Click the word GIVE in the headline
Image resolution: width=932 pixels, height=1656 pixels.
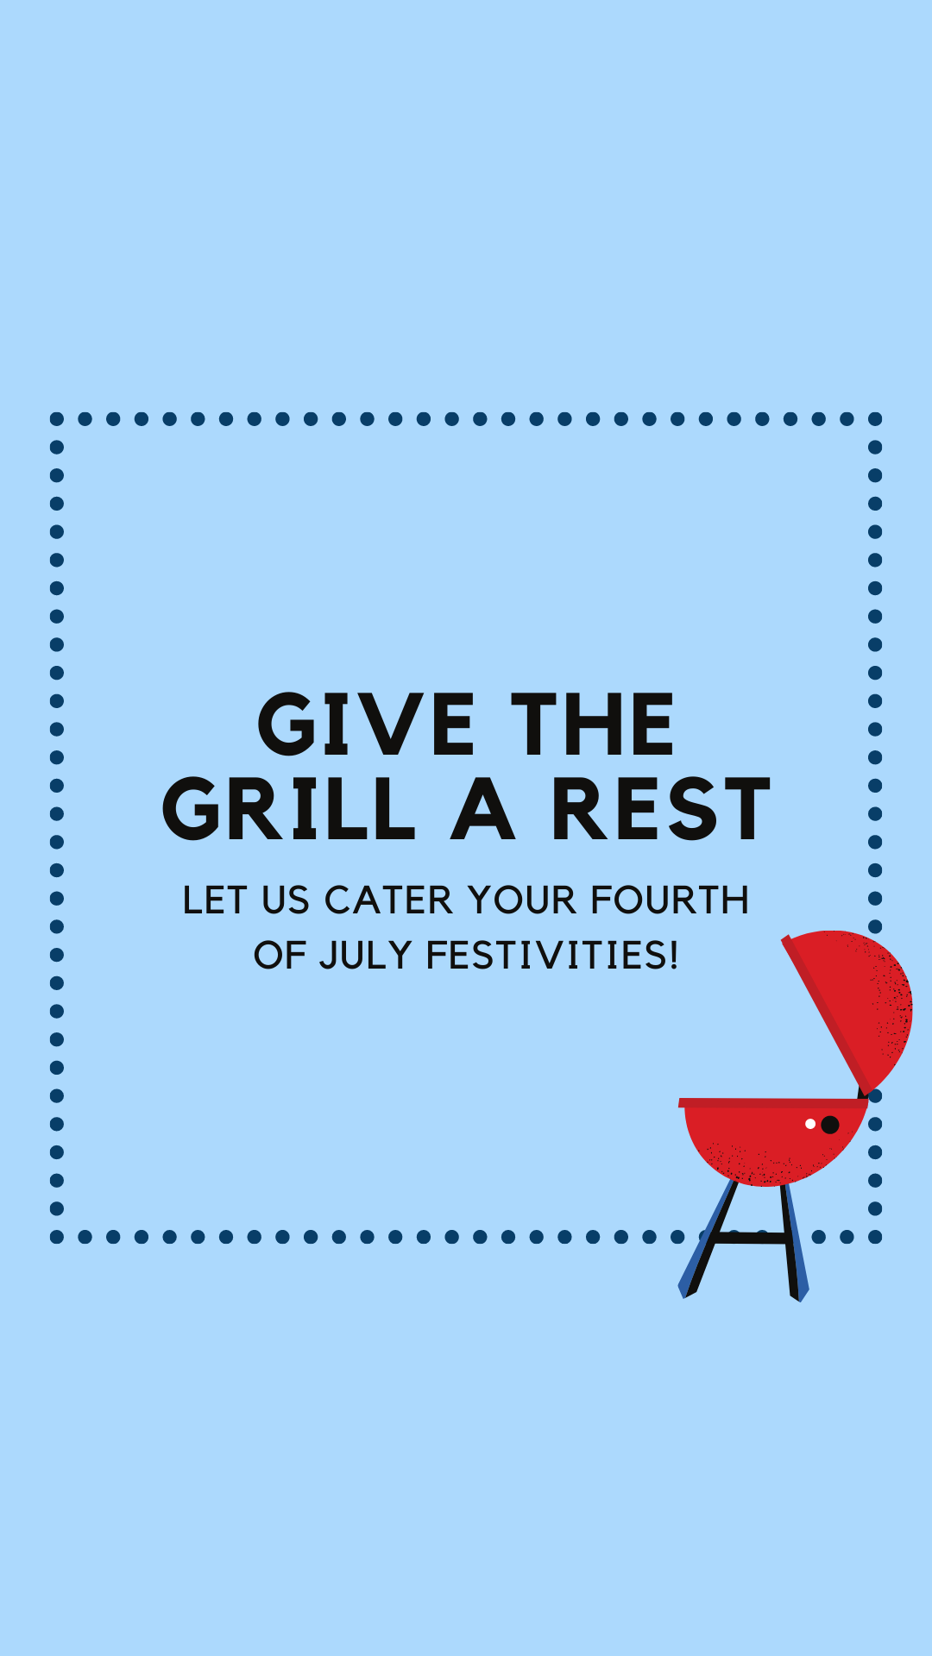pyautogui.click(x=366, y=724)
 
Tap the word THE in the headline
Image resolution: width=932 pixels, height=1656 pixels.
pyautogui.click(x=592, y=724)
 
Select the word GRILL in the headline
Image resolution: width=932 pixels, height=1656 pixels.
pyautogui.click(x=288, y=808)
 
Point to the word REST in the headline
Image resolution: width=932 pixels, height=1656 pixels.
pyautogui.click(x=660, y=808)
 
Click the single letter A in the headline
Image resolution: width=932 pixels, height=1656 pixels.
pyautogui.click(x=483, y=808)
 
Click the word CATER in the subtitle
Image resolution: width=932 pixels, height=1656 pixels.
pyautogui.click(x=388, y=900)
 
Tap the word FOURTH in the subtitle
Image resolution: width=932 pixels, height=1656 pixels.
pyautogui.click(x=670, y=900)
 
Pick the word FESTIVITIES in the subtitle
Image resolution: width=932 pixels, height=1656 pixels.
pyautogui.click(x=552, y=956)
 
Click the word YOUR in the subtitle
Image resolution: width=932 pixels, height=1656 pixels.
pyautogui.click(x=522, y=900)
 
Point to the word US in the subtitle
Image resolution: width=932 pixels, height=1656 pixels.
pyautogui.click(x=286, y=900)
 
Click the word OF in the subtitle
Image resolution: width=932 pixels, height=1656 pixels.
pyautogui.click(x=280, y=956)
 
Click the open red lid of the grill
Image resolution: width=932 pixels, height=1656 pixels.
pyautogui.click(x=854, y=1005)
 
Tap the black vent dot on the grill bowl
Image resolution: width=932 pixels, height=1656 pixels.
pyautogui.click(x=830, y=1125)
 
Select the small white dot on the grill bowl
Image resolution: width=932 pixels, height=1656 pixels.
pyautogui.click(x=810, y=1124)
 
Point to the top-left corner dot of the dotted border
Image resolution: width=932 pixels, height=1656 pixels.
pyautogui.click(x=57, y=419)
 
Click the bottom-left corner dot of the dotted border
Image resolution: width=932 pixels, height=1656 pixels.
pyautogui.click(x=57, y=1237)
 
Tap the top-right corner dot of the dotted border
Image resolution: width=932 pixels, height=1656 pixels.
pyautogui.click(x=875, y=419)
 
